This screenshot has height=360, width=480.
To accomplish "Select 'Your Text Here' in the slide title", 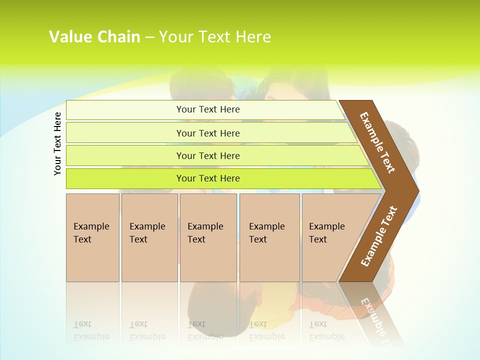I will click(215, 37).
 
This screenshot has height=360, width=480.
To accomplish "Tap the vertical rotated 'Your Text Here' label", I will click(57, 143).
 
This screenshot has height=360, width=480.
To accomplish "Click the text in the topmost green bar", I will click(208, 109).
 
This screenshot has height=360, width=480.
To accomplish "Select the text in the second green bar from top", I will click(208, 133).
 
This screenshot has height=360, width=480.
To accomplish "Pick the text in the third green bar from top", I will click(208, 156).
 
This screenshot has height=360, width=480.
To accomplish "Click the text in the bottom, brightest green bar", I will click(208, 178).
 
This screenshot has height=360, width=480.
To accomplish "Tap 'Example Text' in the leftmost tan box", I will click(91, 233).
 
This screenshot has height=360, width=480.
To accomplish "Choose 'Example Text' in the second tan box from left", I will click(147, 233).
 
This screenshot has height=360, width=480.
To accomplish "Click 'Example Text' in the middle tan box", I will click(205, 233).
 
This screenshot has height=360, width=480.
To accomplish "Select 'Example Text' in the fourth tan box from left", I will click(266, 233).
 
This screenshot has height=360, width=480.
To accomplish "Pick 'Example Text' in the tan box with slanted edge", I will click(326, 233).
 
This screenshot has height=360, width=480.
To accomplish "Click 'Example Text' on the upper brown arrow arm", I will click(377, 142).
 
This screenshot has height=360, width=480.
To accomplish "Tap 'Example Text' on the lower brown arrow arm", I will click(379, 236).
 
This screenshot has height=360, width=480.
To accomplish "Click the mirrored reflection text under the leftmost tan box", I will click(91, 330).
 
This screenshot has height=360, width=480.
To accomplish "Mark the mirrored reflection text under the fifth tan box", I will click(326, 330).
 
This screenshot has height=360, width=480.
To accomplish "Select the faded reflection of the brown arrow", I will click(375, 315).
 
